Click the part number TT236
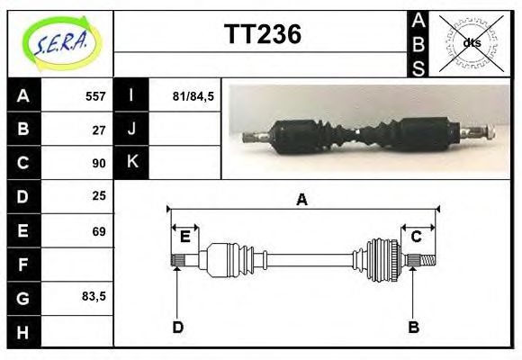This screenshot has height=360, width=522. pos(262,34)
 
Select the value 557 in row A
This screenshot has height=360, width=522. pos(94,96)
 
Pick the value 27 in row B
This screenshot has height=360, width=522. pos(99,129)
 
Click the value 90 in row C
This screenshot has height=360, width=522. pos(99,163)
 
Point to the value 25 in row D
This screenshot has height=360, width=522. pos(99,195)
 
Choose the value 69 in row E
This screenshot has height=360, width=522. pos(99,231)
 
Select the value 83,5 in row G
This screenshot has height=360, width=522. pos(94,295)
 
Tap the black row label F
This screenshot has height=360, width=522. pos(23,265)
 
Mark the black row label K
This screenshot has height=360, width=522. pos(131,162)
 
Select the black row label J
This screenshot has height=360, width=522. pos(131,129)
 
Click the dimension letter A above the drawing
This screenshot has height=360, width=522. pos(302,200)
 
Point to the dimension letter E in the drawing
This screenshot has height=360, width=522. pos(184,237)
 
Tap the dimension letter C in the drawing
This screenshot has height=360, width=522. pos(417,237)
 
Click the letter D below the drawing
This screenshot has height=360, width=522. pos(177,327)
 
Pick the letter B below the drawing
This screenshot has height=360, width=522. pos(413,327)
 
